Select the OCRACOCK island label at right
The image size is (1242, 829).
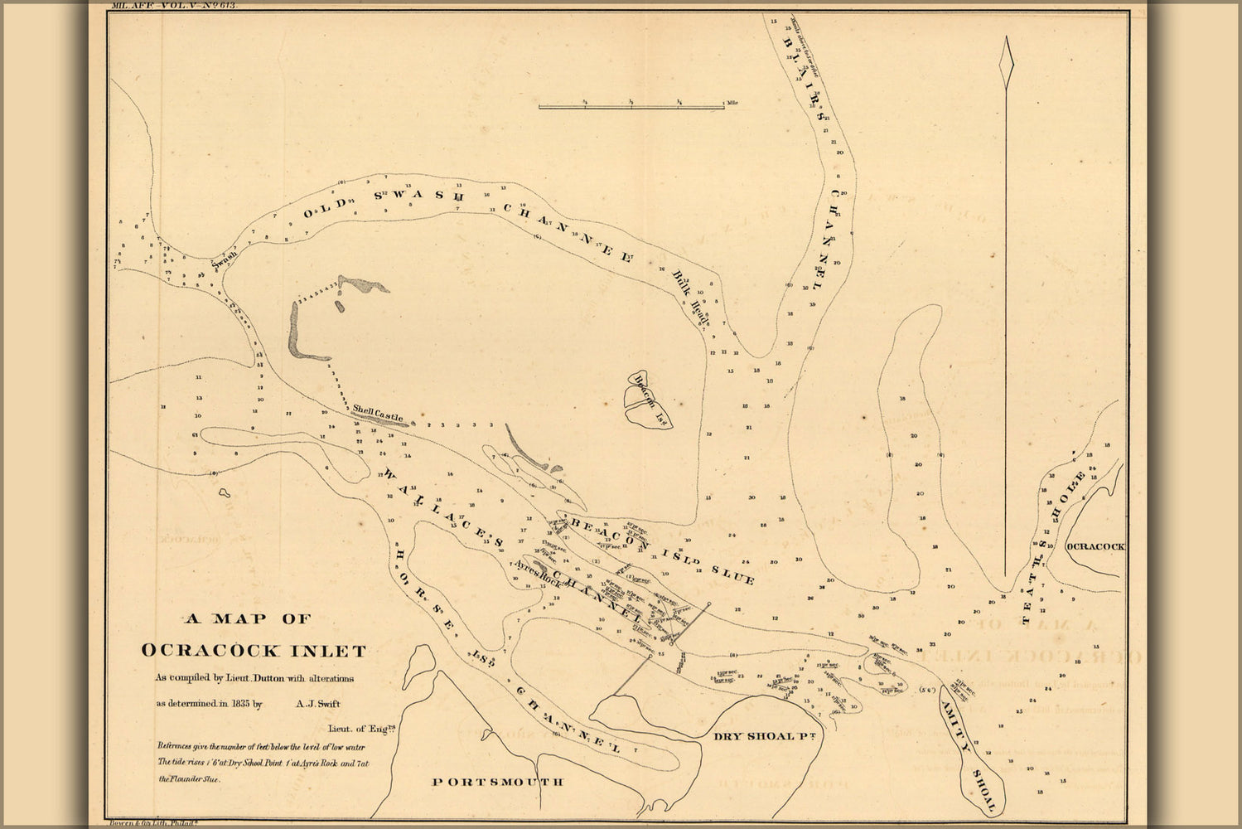coord(1095,547)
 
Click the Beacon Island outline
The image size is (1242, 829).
coord(649,399)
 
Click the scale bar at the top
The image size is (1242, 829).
coord(631,106)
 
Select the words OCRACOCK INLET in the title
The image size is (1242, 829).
coord(254,650)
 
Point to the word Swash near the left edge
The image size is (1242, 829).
coord(224,258)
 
